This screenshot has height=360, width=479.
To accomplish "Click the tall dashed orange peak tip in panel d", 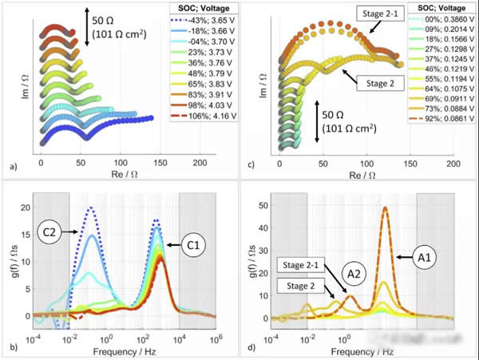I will point(386,208).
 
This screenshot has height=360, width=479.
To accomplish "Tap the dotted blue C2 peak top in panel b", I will point(90,208).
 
